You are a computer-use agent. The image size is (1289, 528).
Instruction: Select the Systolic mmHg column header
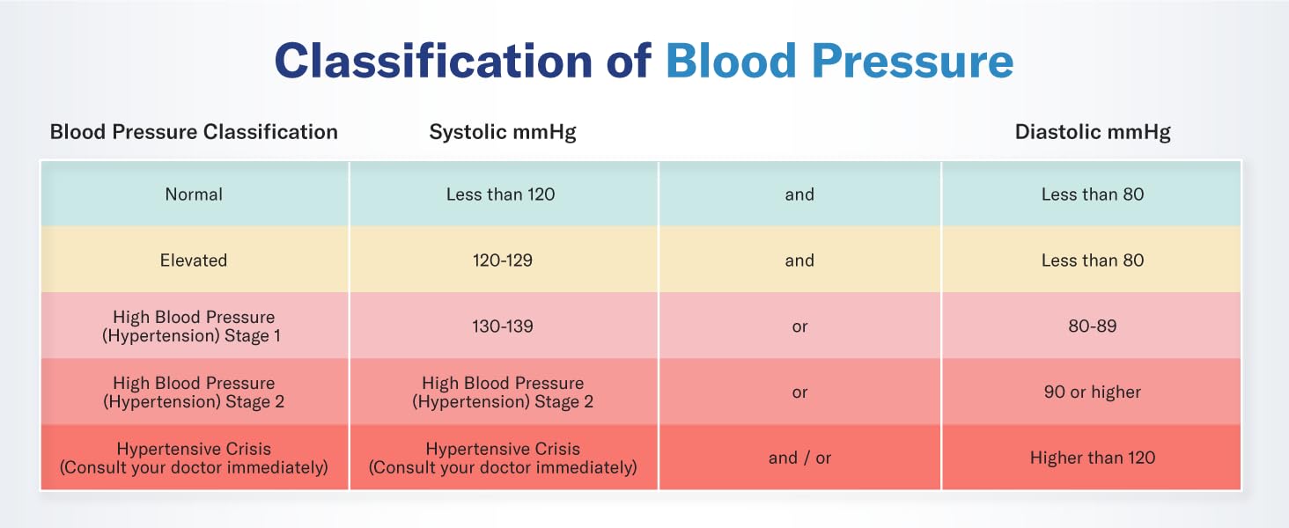click(x=503, y=132)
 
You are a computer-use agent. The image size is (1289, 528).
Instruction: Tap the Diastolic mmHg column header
click(x=1093, y=132)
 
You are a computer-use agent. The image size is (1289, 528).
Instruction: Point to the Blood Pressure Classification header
click(x=194, y=132)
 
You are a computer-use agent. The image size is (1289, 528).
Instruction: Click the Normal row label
click(x=194, y=194)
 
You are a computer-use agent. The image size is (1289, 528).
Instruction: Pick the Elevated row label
click(x=194, y=260)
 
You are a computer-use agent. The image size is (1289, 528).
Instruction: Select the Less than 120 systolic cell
click(x=501, y=194)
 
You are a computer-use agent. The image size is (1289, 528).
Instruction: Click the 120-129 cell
click(x=501, y=260)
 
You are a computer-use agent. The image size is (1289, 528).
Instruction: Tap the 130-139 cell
click(x=501, y=326)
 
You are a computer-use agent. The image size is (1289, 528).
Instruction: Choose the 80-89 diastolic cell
click(x=1092, y=326)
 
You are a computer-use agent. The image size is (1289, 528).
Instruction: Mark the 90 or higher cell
click(x=1092, y=392)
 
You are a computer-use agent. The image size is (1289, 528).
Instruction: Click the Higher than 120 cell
click(x=1092, y=458)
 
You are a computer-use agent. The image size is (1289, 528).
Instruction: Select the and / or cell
click(x=799, y=458)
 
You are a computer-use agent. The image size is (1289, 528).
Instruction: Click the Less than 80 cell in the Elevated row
click(x=1092, y=260)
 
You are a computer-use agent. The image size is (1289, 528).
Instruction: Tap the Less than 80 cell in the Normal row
click(x=1092, y=194)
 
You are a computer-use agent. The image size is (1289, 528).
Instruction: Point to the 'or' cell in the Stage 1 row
click(x=799, y=326)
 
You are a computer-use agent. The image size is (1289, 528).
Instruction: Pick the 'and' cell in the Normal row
click(x=799, y=194)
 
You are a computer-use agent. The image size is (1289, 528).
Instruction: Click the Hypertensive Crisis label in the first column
click(x=194, y=458)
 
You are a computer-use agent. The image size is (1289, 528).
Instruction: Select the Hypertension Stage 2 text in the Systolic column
click(x=503, y=392)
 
